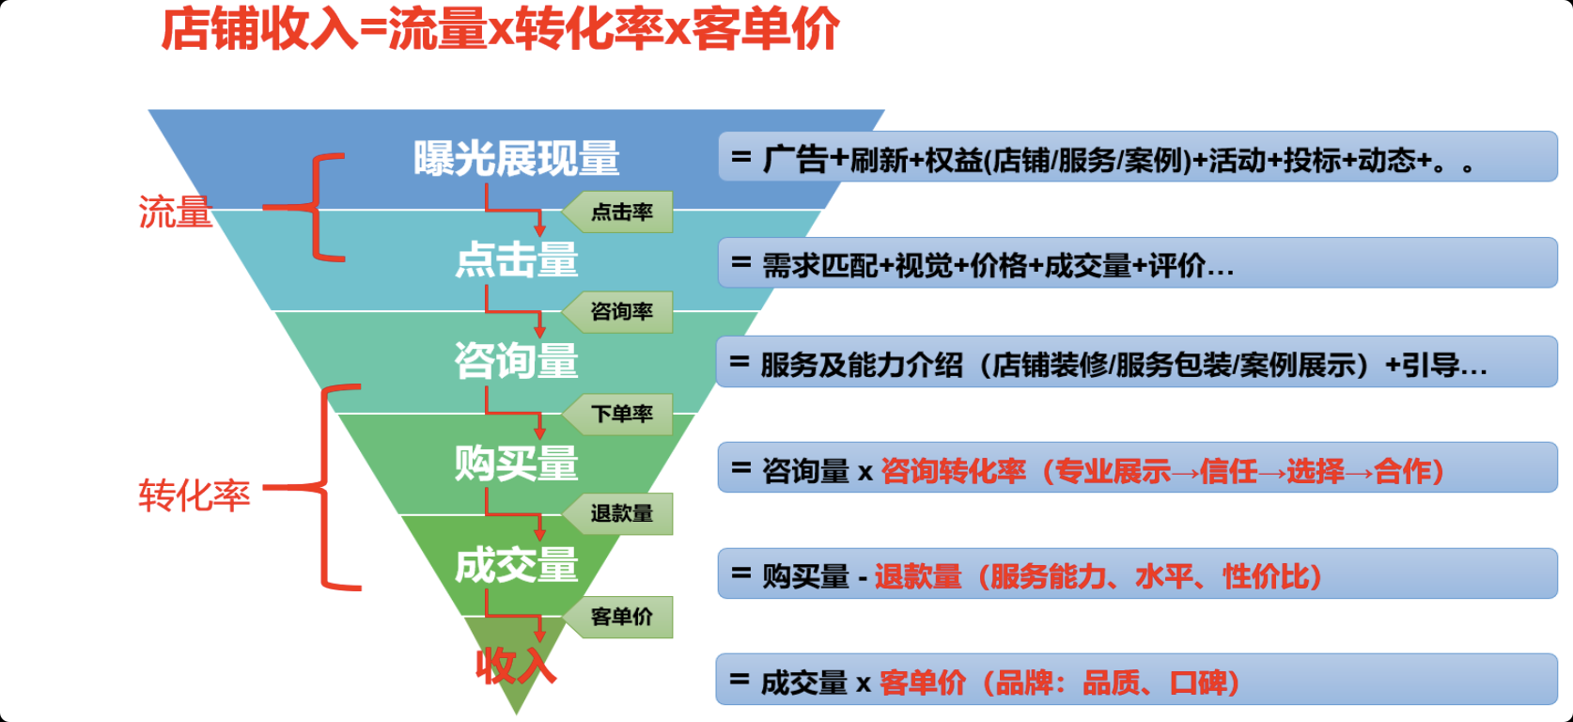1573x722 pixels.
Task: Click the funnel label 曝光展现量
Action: point(516,158)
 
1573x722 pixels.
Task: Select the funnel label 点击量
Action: point(516,259)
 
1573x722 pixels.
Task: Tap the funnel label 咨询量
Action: point(516,361)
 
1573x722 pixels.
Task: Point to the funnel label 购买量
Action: point(516,463)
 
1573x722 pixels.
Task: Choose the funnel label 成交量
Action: point(516,565)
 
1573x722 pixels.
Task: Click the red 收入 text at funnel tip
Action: point(516,666)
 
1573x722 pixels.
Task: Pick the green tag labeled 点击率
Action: point(617,212)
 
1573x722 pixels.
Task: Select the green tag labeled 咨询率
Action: point(617,312)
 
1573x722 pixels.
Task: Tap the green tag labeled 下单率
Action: point(617,414)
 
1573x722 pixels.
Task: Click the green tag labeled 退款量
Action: point(617,514)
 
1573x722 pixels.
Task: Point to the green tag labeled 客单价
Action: point(617,617)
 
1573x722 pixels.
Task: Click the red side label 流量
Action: point(176,212)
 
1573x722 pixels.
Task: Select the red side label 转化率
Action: point(194,495)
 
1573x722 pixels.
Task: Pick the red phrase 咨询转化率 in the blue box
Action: point(954,471)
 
